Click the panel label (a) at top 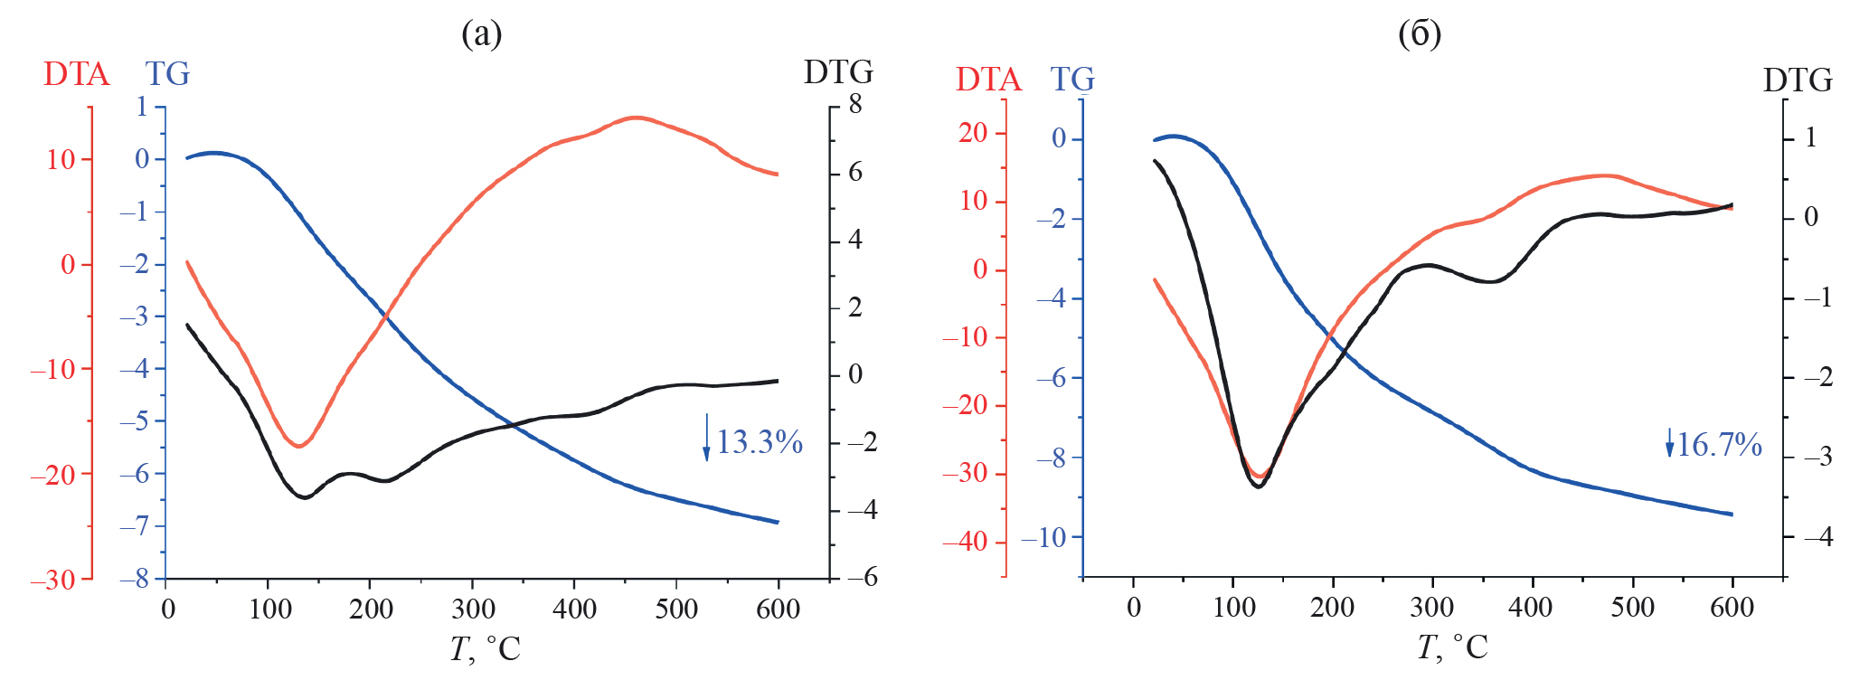click(481, 34)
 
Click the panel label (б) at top click(1419, 34)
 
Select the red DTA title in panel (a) click(76, 74)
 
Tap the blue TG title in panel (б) click(1072, 80)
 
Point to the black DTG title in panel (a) click(838, 72)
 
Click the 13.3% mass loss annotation click(760, 442)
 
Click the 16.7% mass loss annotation click(1719, 445)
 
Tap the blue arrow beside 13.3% click(706, 438)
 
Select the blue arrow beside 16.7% click(1669, 442)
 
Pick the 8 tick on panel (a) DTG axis click(854, 106)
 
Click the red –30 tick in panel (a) click(52, 580)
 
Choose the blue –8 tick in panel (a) click(134, 579)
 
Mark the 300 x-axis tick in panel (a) click(473, 609)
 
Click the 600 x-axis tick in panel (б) click(1732, 607)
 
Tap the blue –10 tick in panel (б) click(1043, 538)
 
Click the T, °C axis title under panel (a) click(486, 648)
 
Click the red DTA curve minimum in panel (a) click(298, 446)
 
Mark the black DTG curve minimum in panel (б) click(1258, 486)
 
